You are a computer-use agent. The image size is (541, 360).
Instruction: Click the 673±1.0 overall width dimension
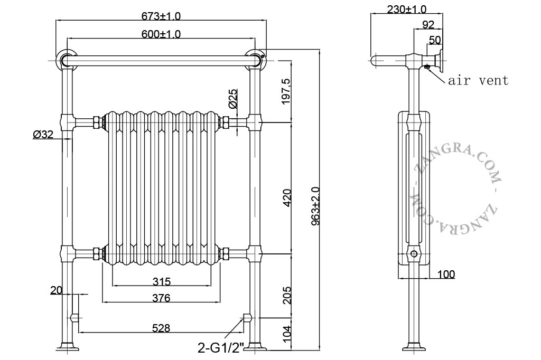tap(161, 16)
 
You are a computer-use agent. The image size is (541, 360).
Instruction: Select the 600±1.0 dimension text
tap(161, 34)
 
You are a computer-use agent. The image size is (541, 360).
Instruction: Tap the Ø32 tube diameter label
tap(43, 134)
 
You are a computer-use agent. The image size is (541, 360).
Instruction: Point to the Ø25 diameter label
tap(233, 99)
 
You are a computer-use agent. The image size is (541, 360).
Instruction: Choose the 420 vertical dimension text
tap(286, 197)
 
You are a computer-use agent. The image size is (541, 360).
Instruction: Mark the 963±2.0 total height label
tap(315, 206)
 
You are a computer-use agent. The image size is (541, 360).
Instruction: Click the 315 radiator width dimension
tap(162, 282)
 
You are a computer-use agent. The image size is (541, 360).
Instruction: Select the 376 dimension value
tap(162, 298)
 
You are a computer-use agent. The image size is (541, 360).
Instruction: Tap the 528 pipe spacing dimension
tap(161, 328)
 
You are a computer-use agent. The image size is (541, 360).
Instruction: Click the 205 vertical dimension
tap(287, 295)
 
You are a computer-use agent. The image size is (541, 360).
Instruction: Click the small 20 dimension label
tap(56, 290)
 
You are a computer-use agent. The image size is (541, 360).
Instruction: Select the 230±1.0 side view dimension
tap(406, 10)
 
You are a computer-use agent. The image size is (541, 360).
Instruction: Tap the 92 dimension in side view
tap(428, 24)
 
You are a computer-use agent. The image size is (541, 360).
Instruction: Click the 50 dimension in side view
tap(435, 40)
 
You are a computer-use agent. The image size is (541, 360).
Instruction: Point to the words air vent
tap(478, 80)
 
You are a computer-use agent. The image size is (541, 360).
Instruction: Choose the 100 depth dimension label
tap(446, 274)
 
